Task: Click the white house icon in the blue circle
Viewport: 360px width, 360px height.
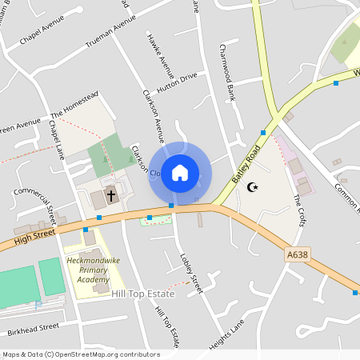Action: (180, 173)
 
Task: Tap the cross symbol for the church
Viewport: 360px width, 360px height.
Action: (111, 194)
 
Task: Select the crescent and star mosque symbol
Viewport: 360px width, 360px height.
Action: (254, 187)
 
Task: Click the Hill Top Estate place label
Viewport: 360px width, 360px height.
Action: (143, 294)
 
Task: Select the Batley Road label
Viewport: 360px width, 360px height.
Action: (247, 165)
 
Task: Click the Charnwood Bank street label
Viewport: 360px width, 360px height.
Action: (225, 71)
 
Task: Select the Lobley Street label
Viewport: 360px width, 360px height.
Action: (192, 273)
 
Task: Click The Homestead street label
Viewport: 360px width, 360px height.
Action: (74, 105)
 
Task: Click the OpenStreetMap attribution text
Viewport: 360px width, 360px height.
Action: (81, 354)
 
